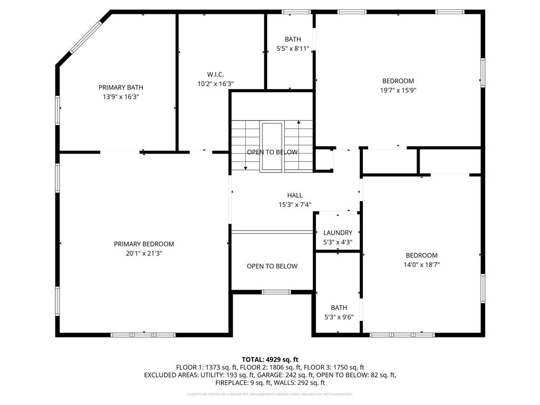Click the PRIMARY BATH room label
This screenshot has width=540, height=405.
click(121, 88)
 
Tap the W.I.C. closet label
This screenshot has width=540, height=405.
click(215, 74)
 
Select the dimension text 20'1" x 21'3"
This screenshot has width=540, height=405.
click(144, 253)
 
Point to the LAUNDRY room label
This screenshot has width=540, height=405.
click(337, 233)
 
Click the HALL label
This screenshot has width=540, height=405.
click(295, 195)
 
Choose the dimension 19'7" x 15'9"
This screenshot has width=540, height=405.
click(398, 90)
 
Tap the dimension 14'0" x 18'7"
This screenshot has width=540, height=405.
click(422, 265)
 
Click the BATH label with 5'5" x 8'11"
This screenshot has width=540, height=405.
click(293, 39)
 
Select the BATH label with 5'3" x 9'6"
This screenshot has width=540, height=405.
click(339, 308)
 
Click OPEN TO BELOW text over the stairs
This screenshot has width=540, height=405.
click(272, 152)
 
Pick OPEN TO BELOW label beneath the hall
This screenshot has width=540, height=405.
click(272, 266)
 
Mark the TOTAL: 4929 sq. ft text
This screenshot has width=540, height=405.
click(270, 359)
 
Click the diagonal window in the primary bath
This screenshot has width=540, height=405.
click(86, 36)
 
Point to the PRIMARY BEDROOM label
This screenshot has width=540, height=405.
click(144, 244)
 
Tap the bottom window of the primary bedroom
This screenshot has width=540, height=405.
click(143, 334)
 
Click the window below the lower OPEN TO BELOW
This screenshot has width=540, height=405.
click(276, 292)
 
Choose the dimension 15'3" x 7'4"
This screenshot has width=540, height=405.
click(295, 205)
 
